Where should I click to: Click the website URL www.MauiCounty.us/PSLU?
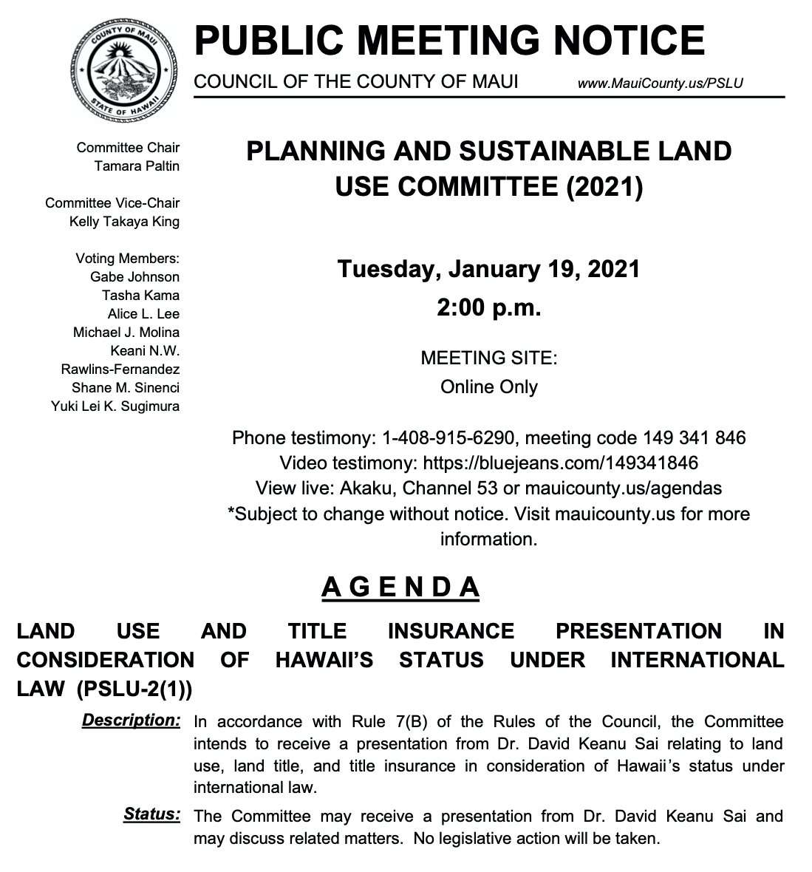click(x=660, y=83)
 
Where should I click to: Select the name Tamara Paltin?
click(x=137, y=166)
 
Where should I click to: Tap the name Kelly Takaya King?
click(x=124, y=221)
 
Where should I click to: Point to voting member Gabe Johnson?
click(x=134, y=276)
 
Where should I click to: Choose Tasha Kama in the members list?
click(x=140, y=295)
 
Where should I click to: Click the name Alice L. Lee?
click(x=143, y=313)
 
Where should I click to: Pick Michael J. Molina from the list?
click(x=126, y=332)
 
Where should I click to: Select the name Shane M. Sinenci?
click(x=126, y=387)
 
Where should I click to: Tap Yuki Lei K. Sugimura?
click(x=115, y=406)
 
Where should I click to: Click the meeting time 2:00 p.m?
click(x=488, y=306)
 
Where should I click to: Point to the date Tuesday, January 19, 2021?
click(x=488, y=268)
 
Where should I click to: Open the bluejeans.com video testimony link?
click(x=560, y=463)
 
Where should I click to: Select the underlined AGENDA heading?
click(x=401, y=587)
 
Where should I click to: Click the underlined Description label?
click(x=131, y=720)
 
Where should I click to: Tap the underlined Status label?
click(x=151, y=814)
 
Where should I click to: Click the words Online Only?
click(x=488, y=386)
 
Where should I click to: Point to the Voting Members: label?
click(x=127, y=258)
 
